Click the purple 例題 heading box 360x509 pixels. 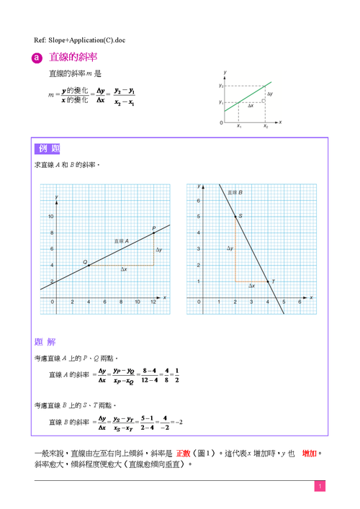[x=47, y=149]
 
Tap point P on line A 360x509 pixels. [x=153, y=233]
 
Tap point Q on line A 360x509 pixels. [x=88, y=266]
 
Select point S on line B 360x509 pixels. [x=235, y=216]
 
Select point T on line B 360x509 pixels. [x=268, y=281]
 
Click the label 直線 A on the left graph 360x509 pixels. [x=120, y=240]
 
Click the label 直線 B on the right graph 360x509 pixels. [x=235, y=193]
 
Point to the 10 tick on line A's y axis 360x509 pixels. [x=50, y=216]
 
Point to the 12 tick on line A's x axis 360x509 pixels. [x=153, y=302]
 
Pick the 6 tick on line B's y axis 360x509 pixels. [x=198, y=200]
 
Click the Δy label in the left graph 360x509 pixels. [x=159, y=249]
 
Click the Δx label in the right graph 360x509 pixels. [x=251, y=286]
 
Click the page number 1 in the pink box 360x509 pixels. [x=318, y=487]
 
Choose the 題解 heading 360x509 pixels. [x=45, y=341]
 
